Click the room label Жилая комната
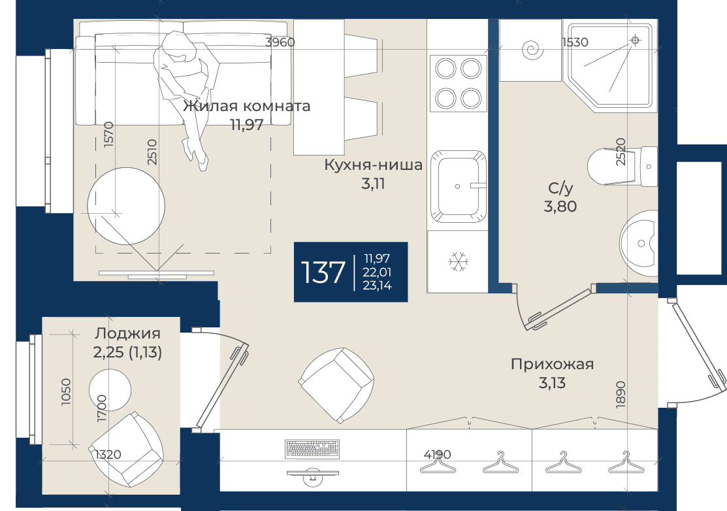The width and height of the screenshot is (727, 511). pyautogui.click(x=247, y=107)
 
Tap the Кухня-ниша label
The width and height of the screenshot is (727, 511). pyautogui.click(x=373, y=165)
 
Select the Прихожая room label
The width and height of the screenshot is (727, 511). pyautogui.click(x=552, y=365)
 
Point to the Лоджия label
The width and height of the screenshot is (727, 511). pyautogui.click(x=127, y=333)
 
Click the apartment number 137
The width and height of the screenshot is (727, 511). pyautogui.click(x=323, y=272)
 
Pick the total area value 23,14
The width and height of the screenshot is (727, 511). pyautogui.click(x=377, y=286)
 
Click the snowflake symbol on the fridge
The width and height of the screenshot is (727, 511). pyautogui.click(x=459, y=262)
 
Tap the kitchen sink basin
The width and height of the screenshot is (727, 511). pyautogui.click(x=458, y=186)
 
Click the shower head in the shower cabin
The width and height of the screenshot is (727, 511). pyautogui.click(x=635, y=41)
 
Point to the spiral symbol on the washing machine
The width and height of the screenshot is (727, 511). pyautogui.click(x=533, y=50)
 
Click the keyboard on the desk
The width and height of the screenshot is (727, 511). pyautogui.click(x=313, y=448)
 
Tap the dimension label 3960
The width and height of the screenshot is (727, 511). pyautogui.click(x=280, y=42)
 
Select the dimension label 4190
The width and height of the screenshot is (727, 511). pyautogui.click(x=437, y=454)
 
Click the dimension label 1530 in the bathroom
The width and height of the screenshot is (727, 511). pyautogui.click(x=575, y=42)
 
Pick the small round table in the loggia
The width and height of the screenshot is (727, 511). pyautogui.click(x=110, y=390)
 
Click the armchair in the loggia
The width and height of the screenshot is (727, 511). pyautogui.click(x=127, y=448)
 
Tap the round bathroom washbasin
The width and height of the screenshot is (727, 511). pyautogui.click(x=639, y=243)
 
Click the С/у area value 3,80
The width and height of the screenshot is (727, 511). pyautogui.click(x=560, y=206)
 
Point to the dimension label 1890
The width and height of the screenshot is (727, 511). pyautogui.click(x=621, y=395)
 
